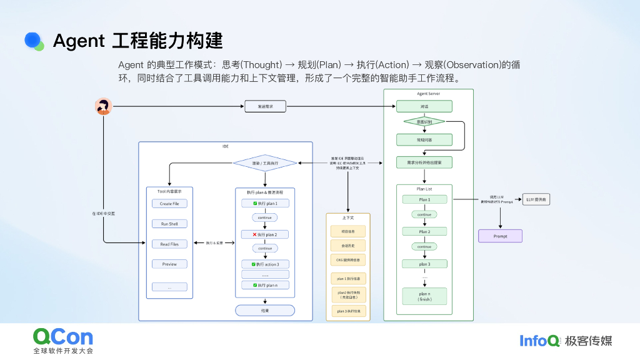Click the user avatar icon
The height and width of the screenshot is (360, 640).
coord(103,107)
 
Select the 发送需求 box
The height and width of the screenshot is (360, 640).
coord(265,107)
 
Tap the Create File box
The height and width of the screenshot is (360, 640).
coord(169,204)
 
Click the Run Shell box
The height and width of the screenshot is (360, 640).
coord(169,224)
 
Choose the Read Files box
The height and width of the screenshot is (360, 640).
coord(169,244)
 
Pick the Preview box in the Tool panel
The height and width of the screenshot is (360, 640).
coord(169,264)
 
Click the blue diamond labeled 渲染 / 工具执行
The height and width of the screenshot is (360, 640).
coord(265,163)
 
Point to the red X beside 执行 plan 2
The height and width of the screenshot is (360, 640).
coord(246,234)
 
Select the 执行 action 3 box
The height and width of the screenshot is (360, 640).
coord(265,264)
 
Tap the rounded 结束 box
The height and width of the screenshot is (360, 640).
coord(265,310)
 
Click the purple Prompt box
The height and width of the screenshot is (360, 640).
coord(500,236)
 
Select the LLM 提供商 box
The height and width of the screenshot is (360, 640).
coord(537,200)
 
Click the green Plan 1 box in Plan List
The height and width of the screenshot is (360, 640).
coord(424,200)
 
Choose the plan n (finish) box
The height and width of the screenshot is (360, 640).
coord(424,296)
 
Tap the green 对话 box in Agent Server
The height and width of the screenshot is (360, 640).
coord(424,107)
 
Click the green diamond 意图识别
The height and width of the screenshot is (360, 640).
coord(424,122)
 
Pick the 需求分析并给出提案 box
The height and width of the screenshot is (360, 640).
coord(424,162)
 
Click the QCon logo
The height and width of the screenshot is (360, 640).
coord(62,337)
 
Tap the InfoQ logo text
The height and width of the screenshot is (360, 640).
coord(539,341)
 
